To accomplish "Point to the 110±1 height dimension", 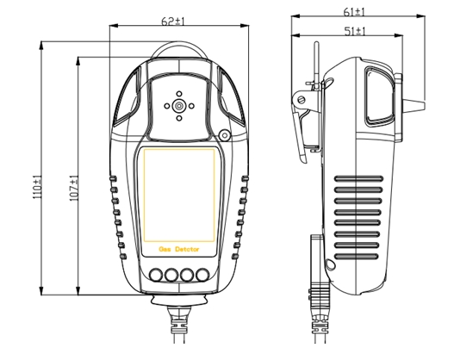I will (36, 188).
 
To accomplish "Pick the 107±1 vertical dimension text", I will (73, 188).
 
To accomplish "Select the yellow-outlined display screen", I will (178, 195).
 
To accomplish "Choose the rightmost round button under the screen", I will (202, 276).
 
